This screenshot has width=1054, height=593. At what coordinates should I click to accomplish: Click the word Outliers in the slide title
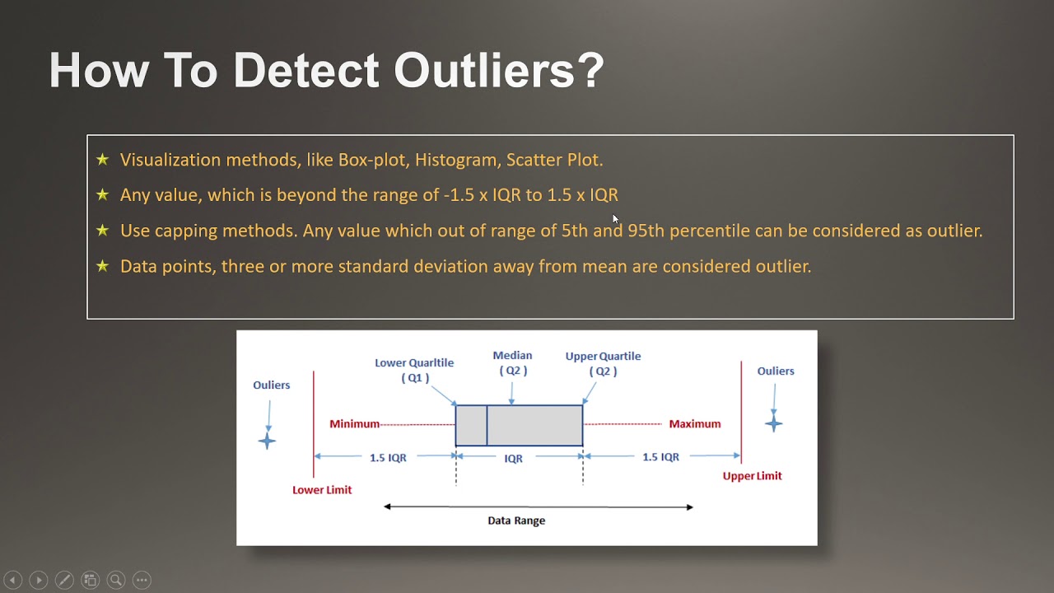point(499,71)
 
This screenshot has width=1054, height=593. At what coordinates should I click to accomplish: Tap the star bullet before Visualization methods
point(102,160)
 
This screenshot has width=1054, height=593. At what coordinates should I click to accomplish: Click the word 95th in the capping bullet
point(646,231)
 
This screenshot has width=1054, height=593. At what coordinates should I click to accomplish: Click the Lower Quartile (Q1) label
point(414,370)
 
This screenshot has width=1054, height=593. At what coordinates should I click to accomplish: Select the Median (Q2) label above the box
point(512,363)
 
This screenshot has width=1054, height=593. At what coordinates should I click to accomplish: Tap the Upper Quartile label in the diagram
point(603,363)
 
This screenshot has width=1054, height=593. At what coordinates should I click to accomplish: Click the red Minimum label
point(354,424)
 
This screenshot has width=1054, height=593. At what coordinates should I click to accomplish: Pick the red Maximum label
point(694,424)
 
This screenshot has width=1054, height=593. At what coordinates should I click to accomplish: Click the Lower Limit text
point(322,490)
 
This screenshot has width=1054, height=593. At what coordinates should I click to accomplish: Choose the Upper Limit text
point(752,476)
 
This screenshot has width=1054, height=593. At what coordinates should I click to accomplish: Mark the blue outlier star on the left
point(267,441)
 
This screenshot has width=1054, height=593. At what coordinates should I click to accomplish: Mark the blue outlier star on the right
point(773,424)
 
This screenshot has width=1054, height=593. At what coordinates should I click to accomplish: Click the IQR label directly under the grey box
point(513,459)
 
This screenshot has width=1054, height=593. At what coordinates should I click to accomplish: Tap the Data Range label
point(516,521)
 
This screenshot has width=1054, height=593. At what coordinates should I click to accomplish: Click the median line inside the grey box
point(487,425)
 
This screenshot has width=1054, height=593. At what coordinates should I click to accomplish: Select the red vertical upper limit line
point(741,412)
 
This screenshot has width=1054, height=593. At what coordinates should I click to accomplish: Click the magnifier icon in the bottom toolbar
point(116,580)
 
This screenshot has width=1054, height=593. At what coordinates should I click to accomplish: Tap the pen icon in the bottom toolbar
point(64,580)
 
